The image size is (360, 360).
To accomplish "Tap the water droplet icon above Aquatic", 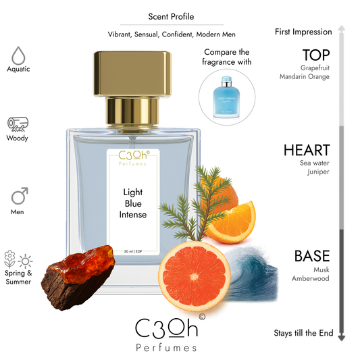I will coord(18,54).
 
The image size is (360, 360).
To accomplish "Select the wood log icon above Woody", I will coord(18,124).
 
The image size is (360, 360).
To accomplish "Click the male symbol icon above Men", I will coord(18,197).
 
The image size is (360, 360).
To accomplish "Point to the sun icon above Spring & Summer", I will coord(26,260).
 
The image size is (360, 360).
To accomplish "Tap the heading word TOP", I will coord(315,55).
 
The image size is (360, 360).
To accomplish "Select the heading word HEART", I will coord(307,150).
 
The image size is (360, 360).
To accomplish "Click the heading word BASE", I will coord(311,257).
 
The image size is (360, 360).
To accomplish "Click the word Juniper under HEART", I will coord(317,172).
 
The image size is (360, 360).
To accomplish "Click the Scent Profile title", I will coord(171,17).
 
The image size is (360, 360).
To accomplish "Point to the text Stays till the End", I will coord(303,333).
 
